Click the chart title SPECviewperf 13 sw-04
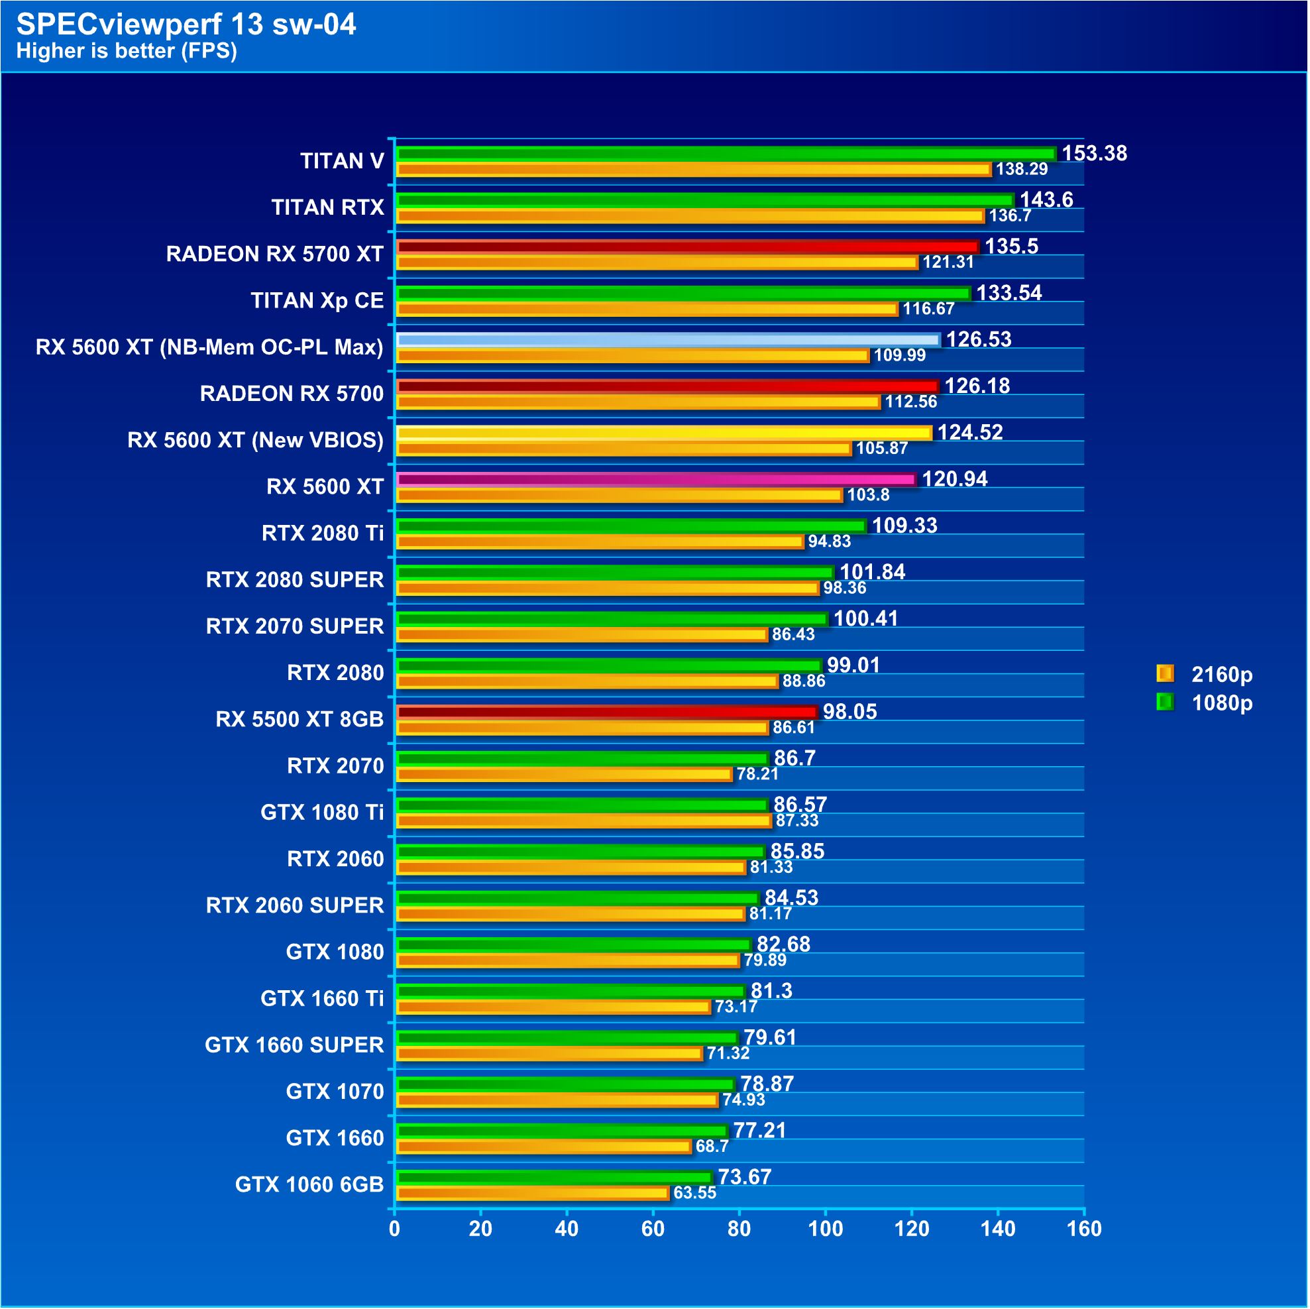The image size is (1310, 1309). (x=186, y=25)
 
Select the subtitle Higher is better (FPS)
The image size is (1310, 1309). (x=127, y=51)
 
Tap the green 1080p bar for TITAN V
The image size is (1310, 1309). (x=726, y=154)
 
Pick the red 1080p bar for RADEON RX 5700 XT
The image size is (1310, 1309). (x=688, y=247)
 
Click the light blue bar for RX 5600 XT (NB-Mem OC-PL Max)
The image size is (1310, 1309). (x=668, y=340)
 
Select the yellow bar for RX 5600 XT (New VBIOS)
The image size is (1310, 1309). (x=664, y=433)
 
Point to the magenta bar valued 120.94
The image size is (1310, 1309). (x=656, y=479)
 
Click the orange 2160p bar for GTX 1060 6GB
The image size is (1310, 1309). (x=533, y=1194)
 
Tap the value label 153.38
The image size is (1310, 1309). (x=1095, y=153)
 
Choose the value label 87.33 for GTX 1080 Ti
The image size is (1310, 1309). (x=797, y=821)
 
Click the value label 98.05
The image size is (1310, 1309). (x=849, y=711)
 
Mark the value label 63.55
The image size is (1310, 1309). (x=695, y=1193)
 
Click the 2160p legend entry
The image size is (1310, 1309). (x=1205, y=674)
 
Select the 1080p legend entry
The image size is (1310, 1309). (x=1205, y=703)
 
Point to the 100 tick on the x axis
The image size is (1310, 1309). (x=826, y=1229)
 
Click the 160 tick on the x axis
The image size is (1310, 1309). (x=1084, y=1229)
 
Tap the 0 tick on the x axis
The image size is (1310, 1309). (x=395, y=1229)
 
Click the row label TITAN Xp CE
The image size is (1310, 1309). (x=317, y=300)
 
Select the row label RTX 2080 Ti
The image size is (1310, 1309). (x=323, y=533)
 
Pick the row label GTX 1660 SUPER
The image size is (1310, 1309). (x=294, y=1045)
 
